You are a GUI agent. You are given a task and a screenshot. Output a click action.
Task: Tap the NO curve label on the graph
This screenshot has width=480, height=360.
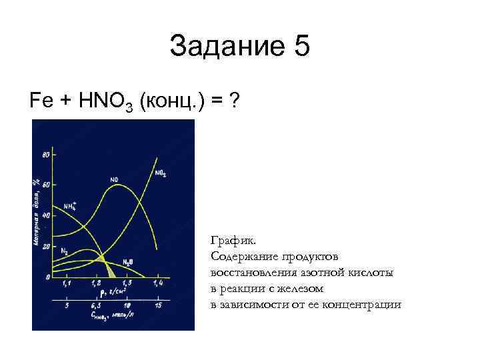(114, 179)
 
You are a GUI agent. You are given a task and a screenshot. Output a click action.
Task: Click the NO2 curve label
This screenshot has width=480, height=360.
(161, 173)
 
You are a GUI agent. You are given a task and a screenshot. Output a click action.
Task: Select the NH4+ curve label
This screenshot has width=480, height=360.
(70, 205)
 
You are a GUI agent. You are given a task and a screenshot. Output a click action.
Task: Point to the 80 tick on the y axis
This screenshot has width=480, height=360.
(46, 155)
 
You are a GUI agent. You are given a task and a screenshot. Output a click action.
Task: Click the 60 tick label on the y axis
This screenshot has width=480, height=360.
(46, 185)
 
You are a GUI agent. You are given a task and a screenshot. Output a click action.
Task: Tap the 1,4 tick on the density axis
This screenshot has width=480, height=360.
(157, 284)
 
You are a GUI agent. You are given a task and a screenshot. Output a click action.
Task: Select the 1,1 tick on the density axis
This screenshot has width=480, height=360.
(67, 284)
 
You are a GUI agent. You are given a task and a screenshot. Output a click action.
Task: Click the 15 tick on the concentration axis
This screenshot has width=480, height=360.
(158, 305)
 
